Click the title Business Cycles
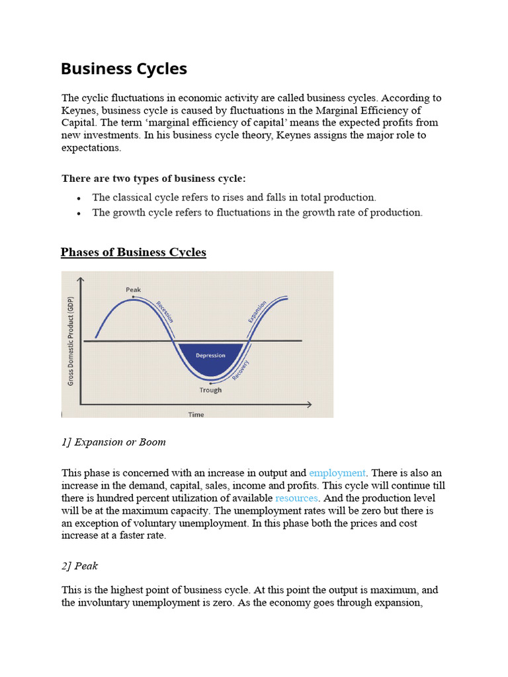pyautogui.click(x=124, y=69)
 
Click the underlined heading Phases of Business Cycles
pyautogui.click(x=133, y=253)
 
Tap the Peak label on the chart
pyautogui.click(x=133, y=290)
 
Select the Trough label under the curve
pyautogui.click(x=210, y=390)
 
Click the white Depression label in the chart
pyautogui.click(x=210, y=355)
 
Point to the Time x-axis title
pyautogui.click(x=196, y=415)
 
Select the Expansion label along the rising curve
pyautogui.click(x=257, y=311)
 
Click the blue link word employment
pyautogui.click(x=337, y=473)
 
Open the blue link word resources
pyautogui.click(x=296, y=498)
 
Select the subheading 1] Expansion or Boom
pyautogui.click(x=114, y=442)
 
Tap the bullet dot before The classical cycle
pyautogui.click(x=79, y=198)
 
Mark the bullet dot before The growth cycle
pyautogui.click(x=79, y=213)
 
